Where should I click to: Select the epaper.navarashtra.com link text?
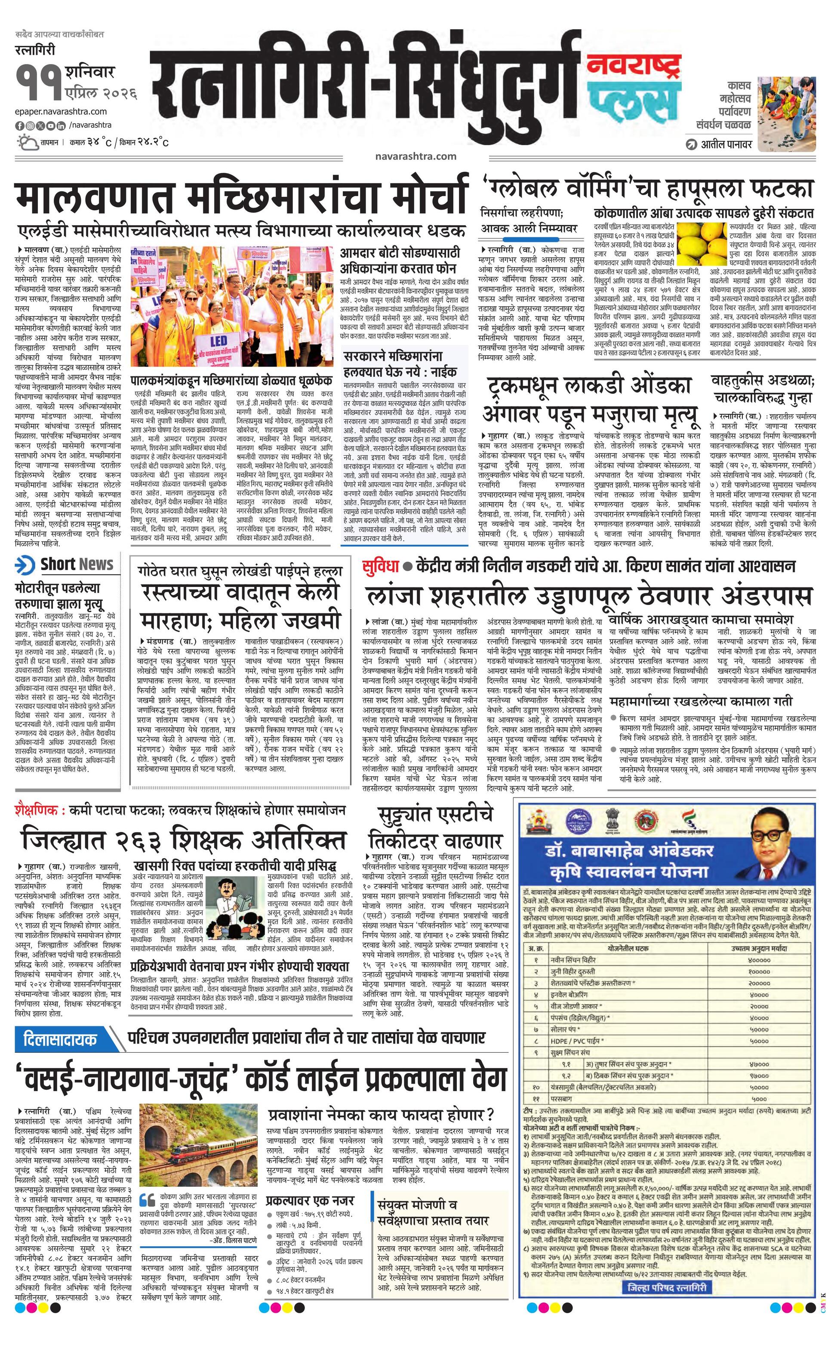click(x=61, y=111)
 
